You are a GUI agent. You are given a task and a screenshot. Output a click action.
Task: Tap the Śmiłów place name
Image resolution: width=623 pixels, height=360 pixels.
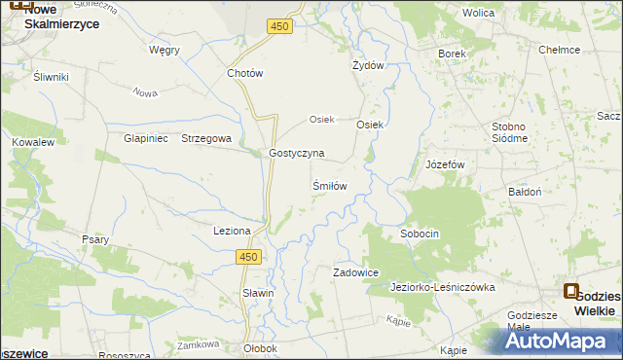pos(329,185)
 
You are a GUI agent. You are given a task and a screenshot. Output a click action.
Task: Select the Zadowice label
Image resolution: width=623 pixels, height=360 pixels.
pos(355,273)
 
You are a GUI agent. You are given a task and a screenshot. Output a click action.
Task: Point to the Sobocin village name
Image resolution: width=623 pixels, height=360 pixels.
pos(421,234)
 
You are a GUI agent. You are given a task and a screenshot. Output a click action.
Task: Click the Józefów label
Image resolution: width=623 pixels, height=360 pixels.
pos(448,164)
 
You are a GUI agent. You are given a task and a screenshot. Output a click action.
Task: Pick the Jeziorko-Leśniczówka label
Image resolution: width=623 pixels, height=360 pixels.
pos(443,288)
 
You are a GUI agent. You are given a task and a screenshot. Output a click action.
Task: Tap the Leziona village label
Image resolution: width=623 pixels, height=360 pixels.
pos(233,231)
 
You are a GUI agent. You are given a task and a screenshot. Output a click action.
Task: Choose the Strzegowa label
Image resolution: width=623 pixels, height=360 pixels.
pos(206,138)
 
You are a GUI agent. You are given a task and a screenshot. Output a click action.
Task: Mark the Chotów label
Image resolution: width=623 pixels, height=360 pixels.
pos(245,73)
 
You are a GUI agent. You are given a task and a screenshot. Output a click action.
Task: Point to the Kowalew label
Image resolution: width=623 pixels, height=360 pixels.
pos(32,142)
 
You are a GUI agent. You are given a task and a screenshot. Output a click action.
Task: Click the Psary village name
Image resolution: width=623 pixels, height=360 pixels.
pos(95,238)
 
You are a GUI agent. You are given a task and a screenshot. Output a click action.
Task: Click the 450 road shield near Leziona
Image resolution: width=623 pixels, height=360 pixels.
pos(249,256)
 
